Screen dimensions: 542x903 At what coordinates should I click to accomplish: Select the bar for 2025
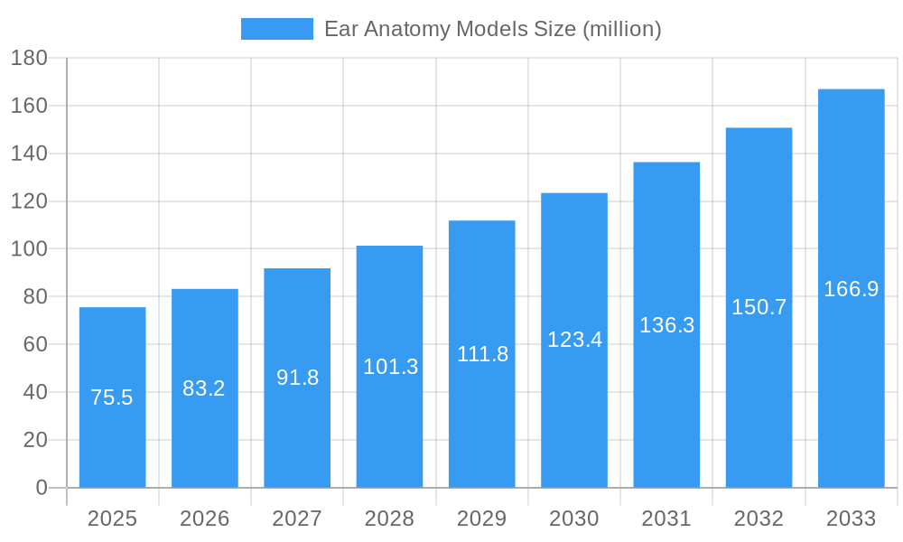(x=112, y=397)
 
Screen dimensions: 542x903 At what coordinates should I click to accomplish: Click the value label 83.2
(x=204, y=388)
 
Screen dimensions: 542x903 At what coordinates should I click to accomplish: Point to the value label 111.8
(x=482, y=354)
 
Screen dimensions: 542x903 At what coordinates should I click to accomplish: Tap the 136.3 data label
(x=666, y=325)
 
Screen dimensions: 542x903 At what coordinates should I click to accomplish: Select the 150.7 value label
(x=759, y=307)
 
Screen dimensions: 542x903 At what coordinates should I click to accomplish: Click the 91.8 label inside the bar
(x=297, y=378)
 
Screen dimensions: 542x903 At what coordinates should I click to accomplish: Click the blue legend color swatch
(x=276, y=29)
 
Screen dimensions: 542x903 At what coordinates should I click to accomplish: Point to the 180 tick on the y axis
(x=29, y=59)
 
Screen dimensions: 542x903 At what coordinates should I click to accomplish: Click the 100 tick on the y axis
(x=29, y=249)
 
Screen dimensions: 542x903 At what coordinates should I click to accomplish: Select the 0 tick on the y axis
(x=42, y=488)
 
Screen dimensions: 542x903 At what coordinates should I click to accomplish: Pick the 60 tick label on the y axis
(x=29, y=344)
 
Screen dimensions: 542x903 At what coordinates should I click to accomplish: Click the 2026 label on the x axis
(x=204, y=519)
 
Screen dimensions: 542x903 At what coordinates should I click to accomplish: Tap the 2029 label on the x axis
(x=481, y=519)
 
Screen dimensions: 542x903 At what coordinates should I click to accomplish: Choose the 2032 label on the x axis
(x=759, y=519)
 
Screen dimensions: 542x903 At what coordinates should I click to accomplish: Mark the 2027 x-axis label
(x=297, y=519)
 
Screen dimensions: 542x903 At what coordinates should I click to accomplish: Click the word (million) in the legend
(x=621, y=29)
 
